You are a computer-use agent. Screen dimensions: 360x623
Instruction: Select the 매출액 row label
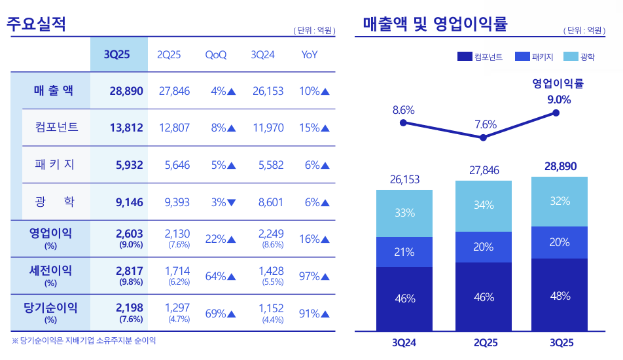tap(53, 91)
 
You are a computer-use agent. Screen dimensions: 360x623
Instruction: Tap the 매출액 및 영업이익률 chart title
tap(435, 24)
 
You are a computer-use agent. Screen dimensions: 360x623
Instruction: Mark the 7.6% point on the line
tap(484, 137)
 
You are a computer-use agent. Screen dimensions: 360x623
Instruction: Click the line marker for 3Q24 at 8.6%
tap(403, 122)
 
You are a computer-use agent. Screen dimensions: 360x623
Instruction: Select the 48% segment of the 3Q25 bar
tap(560, 295)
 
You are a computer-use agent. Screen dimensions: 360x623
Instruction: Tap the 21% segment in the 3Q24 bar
tap(404, 252)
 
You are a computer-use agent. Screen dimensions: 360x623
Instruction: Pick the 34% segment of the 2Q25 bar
tap(484, 206)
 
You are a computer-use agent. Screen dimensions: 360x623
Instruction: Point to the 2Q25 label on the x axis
tap(484, 342)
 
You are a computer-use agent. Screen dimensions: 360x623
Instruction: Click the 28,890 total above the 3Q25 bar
tap(560, 167)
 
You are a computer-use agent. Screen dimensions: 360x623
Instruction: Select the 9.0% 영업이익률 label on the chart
tap(559, 99)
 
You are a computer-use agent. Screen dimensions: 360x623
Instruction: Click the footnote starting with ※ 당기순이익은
tap(84, 341)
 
